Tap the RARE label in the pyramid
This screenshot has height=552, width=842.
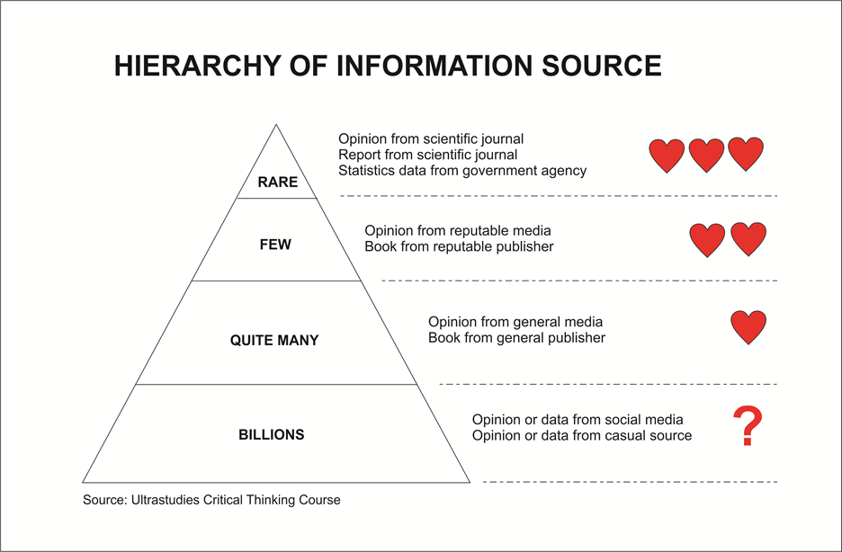pyautogui.click(x=277, y=183)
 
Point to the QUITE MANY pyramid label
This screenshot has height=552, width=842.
pyautogui.click(x=274, y=341)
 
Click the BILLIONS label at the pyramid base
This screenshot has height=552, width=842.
pyautogui.click(x=272, y=435)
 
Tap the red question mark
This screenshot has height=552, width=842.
pyautogui.click(x=747, y=427)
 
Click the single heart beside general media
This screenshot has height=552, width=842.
pyautogui.click(x=748, y=328)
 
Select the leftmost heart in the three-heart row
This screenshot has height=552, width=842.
pyautogui.click(x=667, y=156)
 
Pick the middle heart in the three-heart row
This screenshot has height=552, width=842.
pyautogui.click(x=706, y=156)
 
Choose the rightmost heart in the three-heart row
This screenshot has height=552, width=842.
pyautogui.click(x=746, y=155)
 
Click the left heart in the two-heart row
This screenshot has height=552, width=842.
pyautogui.click(x=707, y=240)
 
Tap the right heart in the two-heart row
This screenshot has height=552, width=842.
pyautogui.click(x=748, y=240)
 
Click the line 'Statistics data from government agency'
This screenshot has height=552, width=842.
pyautogui.click(x=462, y=171)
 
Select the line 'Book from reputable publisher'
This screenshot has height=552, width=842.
pyautogui.click(x=459, y=246)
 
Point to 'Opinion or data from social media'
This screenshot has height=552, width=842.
pyautogui.click(x=578, y=420)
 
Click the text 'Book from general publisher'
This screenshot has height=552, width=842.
pyautogui.click(x=516, y=338)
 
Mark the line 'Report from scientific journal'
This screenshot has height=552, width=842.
pyautogui.click(x=427, y=155)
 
